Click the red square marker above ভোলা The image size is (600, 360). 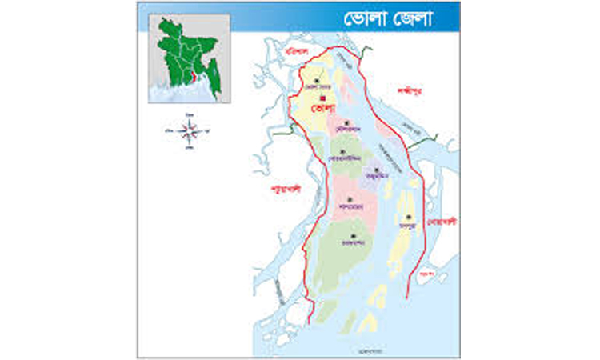pos(322,98)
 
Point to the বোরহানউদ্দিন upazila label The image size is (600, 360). pos(343,160)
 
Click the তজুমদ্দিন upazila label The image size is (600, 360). pos(376,177)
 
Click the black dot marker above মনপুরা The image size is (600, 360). pos(409,217)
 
